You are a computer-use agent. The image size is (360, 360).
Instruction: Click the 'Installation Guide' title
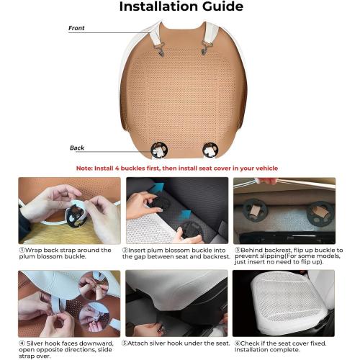[x=181, y=6]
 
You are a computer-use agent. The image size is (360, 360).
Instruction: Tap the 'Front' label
[x=76, y=28]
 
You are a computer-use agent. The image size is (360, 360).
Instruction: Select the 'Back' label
[x=77, y=148]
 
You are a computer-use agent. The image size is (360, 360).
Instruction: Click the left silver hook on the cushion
[x=160, y=48]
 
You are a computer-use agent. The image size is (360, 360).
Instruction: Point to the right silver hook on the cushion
[x=205, y=48]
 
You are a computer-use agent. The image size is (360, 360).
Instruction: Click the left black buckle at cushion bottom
[x=159, y=150]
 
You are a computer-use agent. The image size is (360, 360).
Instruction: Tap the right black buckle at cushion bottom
[x=210, y=150]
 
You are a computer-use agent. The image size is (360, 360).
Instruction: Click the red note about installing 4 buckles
[x=177, y=168]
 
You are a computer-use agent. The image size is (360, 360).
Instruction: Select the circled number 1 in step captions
[x=22, y=250]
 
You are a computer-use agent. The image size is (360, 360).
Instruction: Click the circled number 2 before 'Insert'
[x=125, y=250]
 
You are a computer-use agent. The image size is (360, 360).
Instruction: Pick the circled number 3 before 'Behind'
[x=238, y=250]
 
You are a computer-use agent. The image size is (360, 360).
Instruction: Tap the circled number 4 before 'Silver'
[x=22, y=343]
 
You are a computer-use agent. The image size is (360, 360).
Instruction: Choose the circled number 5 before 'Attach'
[x=125, y=343]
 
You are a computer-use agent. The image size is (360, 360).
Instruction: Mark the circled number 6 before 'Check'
[x=238, y=343]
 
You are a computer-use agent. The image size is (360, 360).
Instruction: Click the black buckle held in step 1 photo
[x=75, y=216]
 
